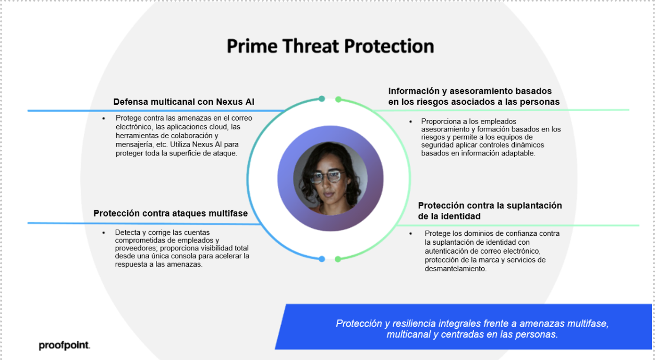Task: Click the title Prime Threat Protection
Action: point(330,46)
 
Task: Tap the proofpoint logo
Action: point(65,345)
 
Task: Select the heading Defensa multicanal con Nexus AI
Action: point(184,102)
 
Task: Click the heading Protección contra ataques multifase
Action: point(171,213)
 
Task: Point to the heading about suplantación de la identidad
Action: point(490,211)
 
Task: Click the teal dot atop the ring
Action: point(322,99)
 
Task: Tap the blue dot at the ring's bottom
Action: point(322,259)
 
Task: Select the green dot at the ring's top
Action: point(338,99)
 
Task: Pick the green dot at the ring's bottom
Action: point(338,259)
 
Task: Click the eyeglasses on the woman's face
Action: point(327,176)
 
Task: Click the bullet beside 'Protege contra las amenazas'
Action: point(104,118)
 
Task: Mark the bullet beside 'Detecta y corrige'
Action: point(104,233)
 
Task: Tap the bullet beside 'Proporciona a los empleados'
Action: point(410,122)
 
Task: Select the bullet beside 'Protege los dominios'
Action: point(410,233)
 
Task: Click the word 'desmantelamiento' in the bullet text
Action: point(455,269)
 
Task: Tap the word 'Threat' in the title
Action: point(310,46)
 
